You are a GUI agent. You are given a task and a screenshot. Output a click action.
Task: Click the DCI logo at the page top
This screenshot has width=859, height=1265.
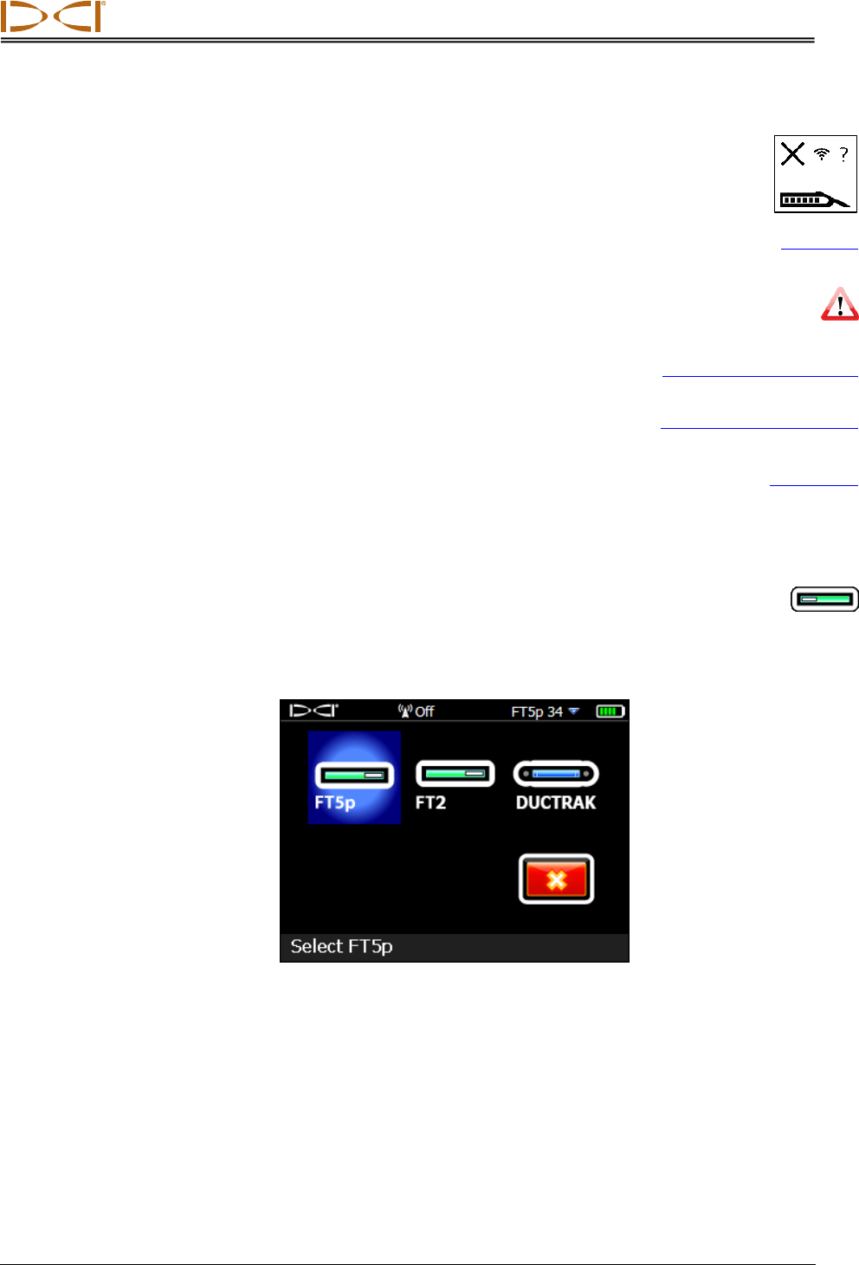tap(53, 16)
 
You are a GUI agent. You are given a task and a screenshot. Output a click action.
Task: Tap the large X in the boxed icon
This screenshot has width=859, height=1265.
tap(792, 154)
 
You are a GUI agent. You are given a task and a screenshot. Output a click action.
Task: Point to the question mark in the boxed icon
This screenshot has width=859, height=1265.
tap(843, 155)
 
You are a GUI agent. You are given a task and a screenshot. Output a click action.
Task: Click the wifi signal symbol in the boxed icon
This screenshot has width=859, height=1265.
tap(822, 154)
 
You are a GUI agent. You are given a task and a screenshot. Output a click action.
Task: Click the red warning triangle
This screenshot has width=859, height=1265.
tap(839, 305)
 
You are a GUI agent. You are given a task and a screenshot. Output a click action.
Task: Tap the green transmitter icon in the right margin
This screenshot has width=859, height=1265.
tap(824, 599)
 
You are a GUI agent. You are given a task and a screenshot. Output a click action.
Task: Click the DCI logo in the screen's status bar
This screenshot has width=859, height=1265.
tap(313, 710)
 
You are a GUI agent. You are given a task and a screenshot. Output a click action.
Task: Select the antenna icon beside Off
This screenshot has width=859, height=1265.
tap(404, 711)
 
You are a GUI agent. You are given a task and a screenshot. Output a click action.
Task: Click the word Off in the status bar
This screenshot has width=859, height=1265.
tap(424, 711)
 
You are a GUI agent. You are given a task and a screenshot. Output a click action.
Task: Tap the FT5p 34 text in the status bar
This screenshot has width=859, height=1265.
tap(537, 711)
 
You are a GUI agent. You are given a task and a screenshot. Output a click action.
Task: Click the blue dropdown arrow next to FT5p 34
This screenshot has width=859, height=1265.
tap(574, 711)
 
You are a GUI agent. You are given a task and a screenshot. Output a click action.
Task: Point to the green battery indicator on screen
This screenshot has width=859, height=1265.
tap(610, 711)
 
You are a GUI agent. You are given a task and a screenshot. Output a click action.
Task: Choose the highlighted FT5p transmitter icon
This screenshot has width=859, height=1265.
tap(354, 774)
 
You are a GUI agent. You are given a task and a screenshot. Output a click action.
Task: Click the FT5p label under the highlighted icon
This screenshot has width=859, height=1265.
tap(335, 802)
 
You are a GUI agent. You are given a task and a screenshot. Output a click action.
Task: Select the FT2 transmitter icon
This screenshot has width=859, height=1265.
tap(455, 773)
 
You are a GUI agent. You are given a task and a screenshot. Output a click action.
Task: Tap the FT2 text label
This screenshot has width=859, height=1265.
tap(430, 802)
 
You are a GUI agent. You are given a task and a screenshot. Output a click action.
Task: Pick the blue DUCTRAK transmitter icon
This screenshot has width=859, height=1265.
tap(556, 773)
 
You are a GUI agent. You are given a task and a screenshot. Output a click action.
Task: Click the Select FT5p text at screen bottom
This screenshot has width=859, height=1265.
tap(341, 946)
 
